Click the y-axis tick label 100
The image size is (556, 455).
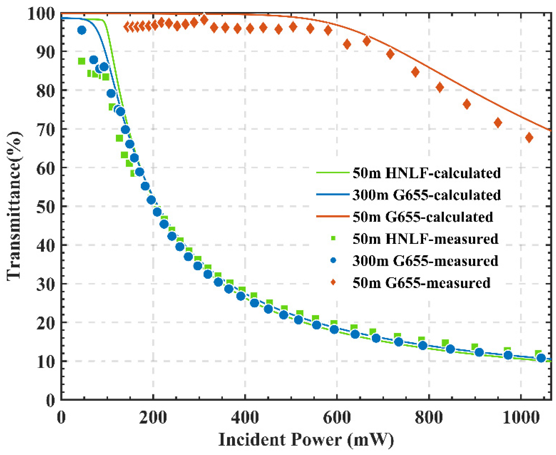pyautogui.click(x=41, y=14)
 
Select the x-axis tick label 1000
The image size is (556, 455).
pyautogui.click(x=521, y=417)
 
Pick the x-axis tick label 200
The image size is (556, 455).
pyautogui.click(x=153, y=417)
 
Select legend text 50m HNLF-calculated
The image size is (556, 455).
pyautogui.click(x=427, y=173)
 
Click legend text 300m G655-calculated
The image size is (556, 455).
pyautogui.click(x=427, y=195)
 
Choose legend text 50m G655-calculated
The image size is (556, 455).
pyautogui.click(x=423, y=217)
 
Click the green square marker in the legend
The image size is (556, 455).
pyautogui.click(x=333, y=239)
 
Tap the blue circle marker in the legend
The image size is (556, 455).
pyautogui.click(x=333, y=261)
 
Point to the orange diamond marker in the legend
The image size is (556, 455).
pyautogui.click(x=333, y=282)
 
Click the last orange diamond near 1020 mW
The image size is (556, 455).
pyautogui.click(x=529, y=138)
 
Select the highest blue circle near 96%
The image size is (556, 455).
pyautogui.click(x=82, y=30)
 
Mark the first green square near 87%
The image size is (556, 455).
pyautogui.click(x=82, y=61)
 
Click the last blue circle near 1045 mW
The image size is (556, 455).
pyautogui.click(x=541, y=358)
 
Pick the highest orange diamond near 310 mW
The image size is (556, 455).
pyautogui.click(x=204, y=20)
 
